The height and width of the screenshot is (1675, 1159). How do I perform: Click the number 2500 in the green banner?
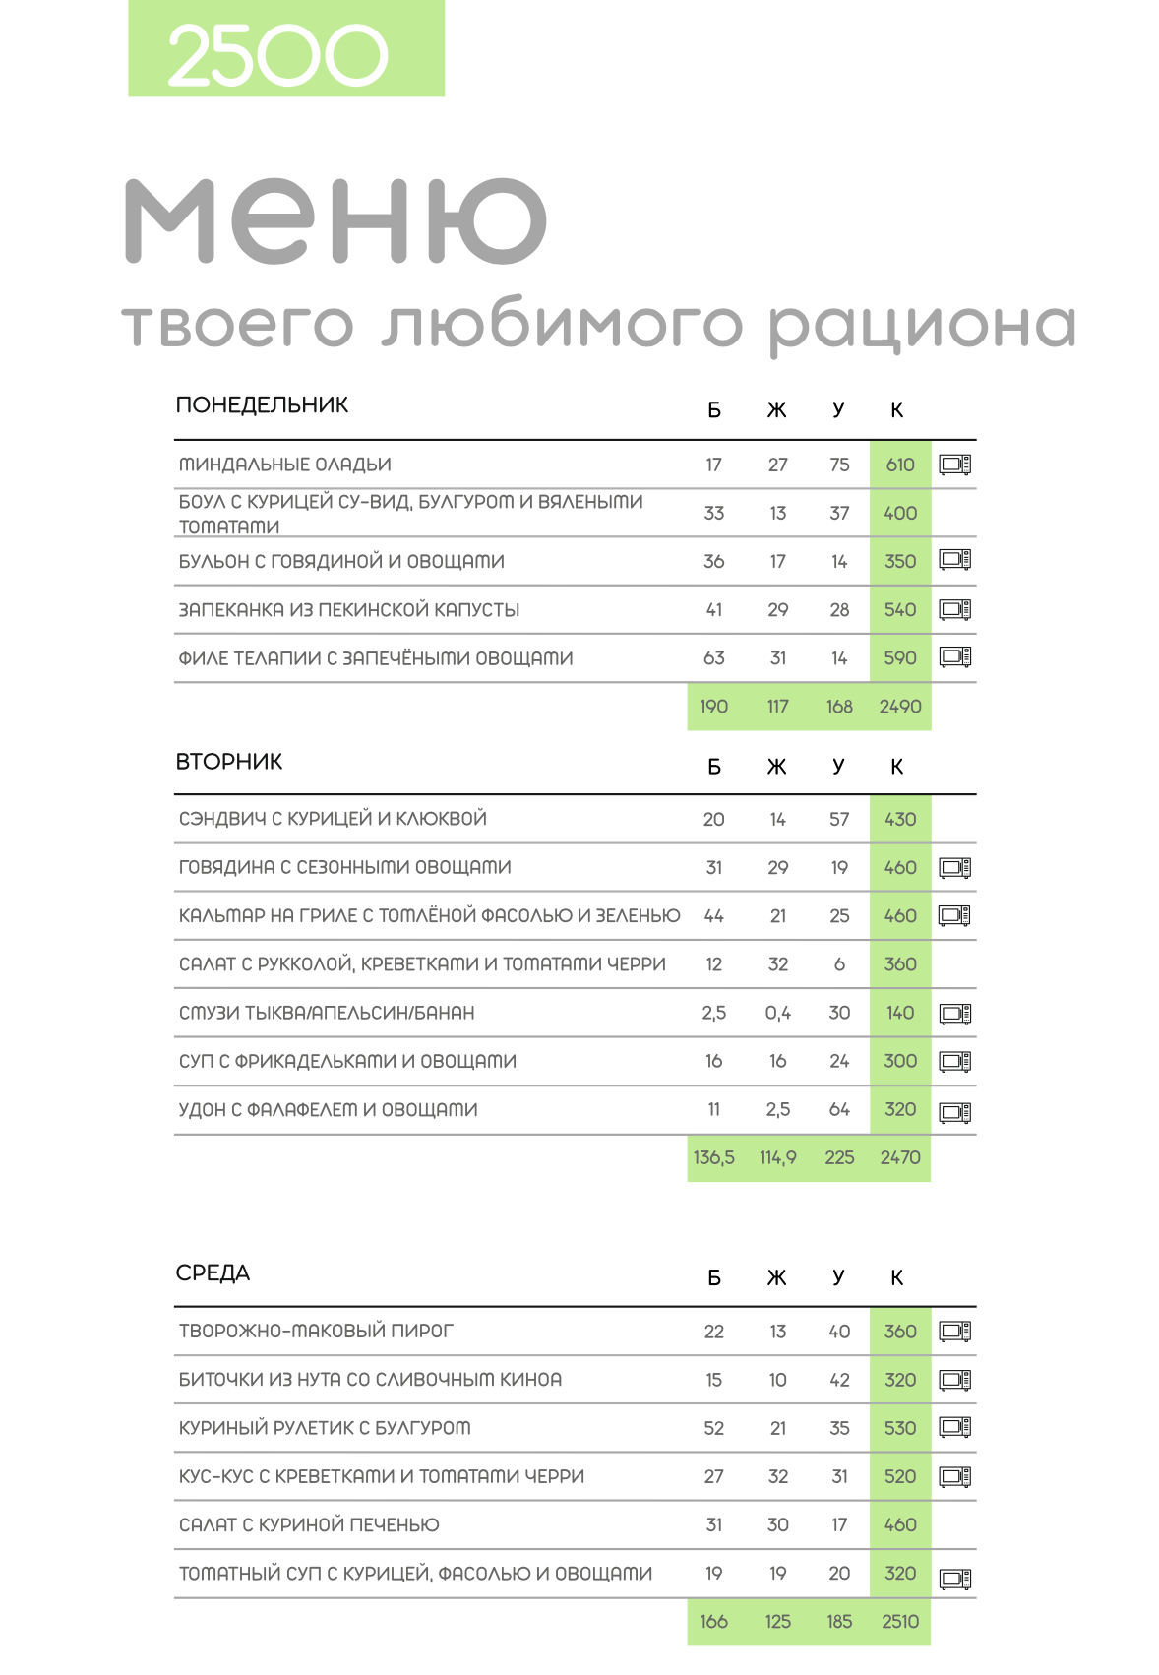click(278, 56)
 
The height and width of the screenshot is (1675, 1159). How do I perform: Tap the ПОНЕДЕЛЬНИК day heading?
click(262, 405)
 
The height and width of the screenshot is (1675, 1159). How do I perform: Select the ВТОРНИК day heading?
click(229, 762)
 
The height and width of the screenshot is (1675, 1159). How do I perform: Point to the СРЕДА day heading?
click(213, 1273)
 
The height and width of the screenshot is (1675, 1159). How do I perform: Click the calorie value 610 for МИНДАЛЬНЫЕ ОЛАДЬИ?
click(900, 465)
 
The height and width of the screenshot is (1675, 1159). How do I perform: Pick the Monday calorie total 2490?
click(900, 707)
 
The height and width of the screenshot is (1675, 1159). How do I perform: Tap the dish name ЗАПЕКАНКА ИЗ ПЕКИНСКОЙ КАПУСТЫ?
click(349, 610)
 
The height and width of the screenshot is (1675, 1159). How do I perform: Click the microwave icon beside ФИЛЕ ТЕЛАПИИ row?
click(954, 656)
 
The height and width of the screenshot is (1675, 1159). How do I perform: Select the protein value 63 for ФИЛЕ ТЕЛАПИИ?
click(714, 658)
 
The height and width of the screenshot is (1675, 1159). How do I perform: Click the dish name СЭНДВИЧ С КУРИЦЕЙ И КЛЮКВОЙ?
click(333, 819)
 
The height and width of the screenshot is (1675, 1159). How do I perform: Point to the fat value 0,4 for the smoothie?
click(777, 1013)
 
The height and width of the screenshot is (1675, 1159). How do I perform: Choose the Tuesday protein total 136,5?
click(714, 1158)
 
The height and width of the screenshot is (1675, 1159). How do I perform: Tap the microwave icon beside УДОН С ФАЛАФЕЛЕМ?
click(954, 1112)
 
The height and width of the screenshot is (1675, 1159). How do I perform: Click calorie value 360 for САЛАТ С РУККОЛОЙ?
click(900, 964)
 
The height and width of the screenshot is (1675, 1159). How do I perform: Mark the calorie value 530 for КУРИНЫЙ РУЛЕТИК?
click(900, 1428)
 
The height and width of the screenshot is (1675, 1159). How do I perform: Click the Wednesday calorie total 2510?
click(900, 1622)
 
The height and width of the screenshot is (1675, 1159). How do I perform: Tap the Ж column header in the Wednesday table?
click(777, 1278)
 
